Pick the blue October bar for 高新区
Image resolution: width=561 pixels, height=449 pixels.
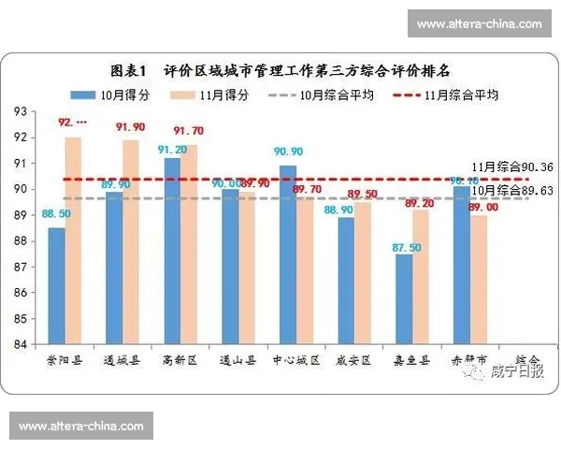point(172,251)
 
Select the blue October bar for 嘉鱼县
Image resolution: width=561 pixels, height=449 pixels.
point(404,298)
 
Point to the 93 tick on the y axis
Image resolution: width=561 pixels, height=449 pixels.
point(21,111)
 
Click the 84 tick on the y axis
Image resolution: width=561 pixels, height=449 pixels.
point(21,344)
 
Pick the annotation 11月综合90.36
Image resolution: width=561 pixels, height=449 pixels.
point(511,167)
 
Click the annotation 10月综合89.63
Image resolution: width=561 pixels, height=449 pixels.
point(511,190)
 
